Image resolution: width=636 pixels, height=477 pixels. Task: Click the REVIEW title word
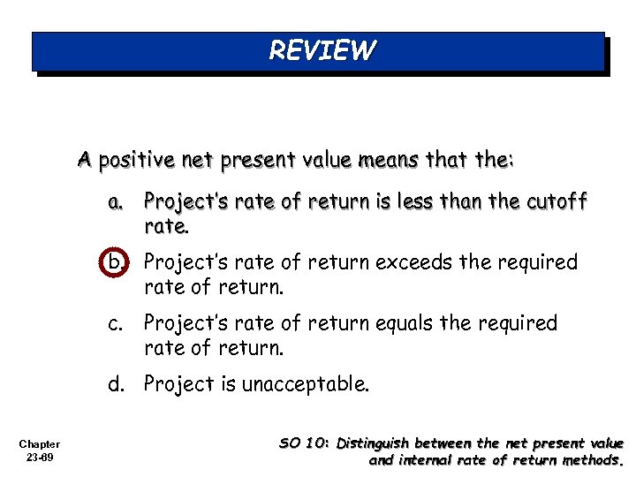tap(322, 50)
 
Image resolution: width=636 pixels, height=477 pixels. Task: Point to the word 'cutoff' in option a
tap(553, 202)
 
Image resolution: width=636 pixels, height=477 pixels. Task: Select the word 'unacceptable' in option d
tap(306, 384)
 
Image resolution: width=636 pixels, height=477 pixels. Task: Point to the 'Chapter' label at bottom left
tap(39, 444)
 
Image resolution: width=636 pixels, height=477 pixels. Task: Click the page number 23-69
tap(39, 458)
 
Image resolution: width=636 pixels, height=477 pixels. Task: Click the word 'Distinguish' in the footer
tap(380, 443)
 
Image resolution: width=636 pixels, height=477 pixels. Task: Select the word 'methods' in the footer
tap(594, 459)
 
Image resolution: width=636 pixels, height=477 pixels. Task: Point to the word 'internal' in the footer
tap(427, 459)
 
